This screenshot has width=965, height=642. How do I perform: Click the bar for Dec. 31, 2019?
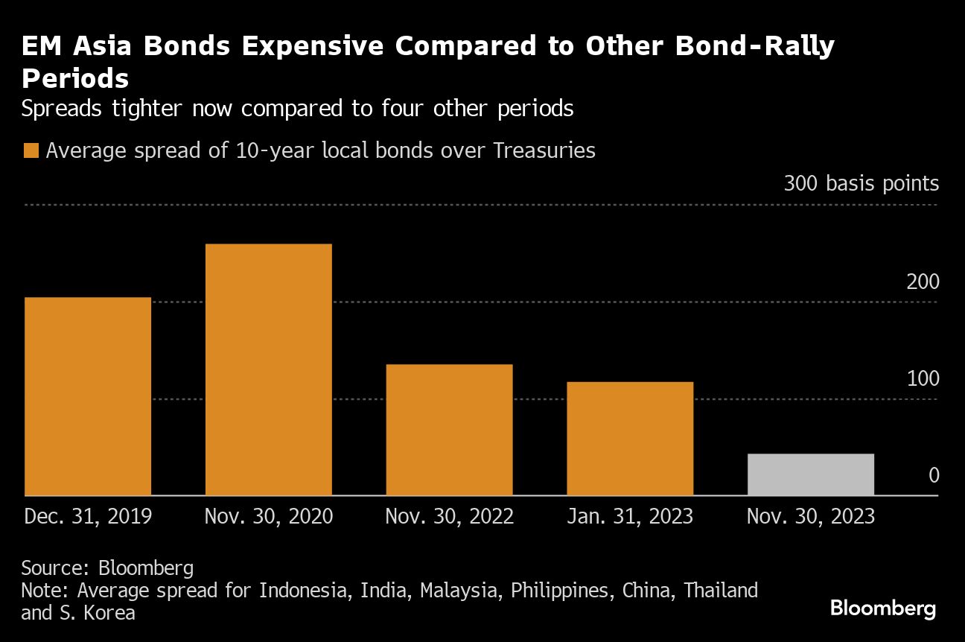[88, 396]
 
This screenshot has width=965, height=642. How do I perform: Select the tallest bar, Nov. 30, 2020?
[268, 369]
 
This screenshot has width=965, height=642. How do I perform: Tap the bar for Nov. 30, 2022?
[449, 430]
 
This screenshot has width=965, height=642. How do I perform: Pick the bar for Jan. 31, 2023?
[630, 439]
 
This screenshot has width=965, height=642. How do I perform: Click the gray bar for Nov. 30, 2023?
[810, 474]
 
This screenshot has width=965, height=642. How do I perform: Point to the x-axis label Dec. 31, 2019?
[88, 516]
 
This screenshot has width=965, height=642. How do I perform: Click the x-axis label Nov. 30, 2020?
[268, 516]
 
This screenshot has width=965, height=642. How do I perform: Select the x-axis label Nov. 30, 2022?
[449, 516]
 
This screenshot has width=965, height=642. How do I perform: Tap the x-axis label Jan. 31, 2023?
[630, 516]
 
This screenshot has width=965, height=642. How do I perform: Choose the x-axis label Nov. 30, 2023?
[810, 516]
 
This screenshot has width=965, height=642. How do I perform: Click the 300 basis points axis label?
[861, 184]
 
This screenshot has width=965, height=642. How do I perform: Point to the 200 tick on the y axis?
[923, 282]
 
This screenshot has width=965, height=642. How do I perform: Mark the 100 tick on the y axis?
[923, 379]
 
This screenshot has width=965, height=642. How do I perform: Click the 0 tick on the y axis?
[933, 475]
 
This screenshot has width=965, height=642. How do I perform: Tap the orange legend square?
[31, 151]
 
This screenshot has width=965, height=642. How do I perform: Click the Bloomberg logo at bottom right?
[882, 608]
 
